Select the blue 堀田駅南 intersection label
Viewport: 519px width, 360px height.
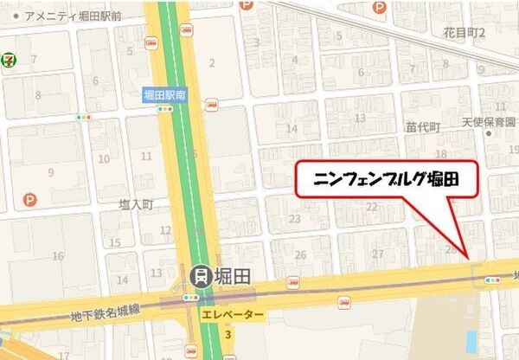coord(164,96)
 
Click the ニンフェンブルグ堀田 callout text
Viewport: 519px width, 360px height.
coord(385,181)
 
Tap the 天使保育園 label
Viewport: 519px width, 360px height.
coord(493,123)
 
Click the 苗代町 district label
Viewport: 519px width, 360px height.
coord(423,126)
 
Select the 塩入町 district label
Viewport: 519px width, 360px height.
coord(136,205)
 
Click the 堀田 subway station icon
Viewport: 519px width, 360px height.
coord(200,276)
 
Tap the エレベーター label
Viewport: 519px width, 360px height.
coord(231,315)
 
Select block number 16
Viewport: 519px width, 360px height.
coord(58,256)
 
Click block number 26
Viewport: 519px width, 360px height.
coord(300,254)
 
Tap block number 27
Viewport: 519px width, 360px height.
coord(377,254)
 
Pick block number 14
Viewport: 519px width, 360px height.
coord(292,129)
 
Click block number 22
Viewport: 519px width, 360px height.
coord(371,206)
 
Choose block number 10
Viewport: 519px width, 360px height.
coord(104,158)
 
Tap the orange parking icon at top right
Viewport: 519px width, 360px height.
coord(379,7)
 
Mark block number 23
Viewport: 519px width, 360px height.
coord(294,219)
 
